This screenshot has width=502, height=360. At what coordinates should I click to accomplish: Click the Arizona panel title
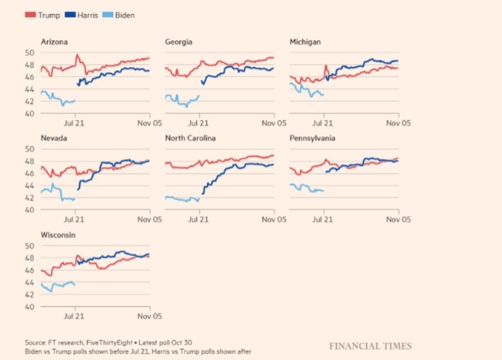[x=54, y=42]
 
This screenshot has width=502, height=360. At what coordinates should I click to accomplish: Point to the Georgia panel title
[x=178, y=42]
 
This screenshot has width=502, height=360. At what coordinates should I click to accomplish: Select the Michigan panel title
[x=305, y=42]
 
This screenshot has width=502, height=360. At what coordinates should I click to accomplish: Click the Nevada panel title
[x=53, y=138]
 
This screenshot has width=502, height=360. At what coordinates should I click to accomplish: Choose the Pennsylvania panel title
[x=312, y=138]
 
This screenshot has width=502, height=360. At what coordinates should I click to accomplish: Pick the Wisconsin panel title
[x=56, y=234]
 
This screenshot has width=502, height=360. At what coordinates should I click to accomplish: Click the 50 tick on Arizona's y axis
[x=30, y=52]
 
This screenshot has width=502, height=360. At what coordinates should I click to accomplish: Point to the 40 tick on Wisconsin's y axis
[x=30, y=307]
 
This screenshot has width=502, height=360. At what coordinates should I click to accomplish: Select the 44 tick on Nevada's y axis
[x=30, y=186]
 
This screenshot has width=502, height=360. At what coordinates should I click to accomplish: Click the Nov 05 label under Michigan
[x=397, y=123]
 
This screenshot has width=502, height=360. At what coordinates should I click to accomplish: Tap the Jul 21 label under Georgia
[x=199, y=123]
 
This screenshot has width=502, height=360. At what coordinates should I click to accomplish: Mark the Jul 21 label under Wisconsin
[x=74, y=316]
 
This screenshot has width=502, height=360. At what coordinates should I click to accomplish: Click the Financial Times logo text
[x=370, y=346]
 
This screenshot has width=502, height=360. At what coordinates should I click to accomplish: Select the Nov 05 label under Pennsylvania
[x=397, y=219]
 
